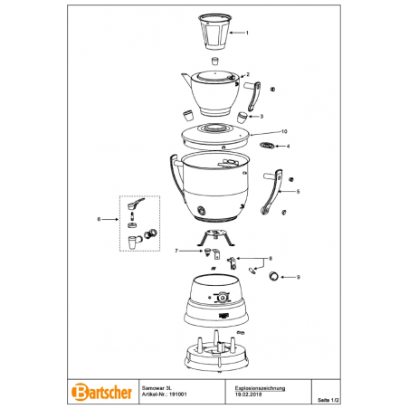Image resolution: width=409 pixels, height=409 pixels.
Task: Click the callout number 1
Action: point(247,33)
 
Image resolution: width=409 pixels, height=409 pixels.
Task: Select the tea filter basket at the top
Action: point(215,32)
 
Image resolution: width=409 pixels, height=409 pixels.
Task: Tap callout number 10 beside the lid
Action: point(284,131)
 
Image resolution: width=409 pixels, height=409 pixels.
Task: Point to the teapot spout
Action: point(186,79)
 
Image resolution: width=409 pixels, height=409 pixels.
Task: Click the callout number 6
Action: point(99,219)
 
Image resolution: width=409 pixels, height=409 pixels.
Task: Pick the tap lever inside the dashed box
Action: point(136,204)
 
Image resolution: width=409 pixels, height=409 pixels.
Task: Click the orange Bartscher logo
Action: point(102,392)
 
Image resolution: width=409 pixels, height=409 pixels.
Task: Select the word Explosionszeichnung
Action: point(260,388)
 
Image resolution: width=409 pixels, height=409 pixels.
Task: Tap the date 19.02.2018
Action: point(248,395)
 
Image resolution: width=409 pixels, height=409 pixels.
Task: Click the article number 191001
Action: point(178,395)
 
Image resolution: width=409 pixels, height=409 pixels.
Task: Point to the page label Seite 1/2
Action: point(328,400)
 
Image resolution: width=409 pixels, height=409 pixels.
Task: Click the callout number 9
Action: point(299,277)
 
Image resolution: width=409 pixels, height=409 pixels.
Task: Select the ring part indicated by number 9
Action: point(273,276)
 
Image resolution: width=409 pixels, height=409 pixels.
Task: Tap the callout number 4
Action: point(288,147)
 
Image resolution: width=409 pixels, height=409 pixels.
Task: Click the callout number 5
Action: point(298,192)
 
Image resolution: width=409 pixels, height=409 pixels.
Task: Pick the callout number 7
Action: point(176,251)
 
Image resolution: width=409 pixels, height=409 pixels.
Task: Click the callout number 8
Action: point(271,259)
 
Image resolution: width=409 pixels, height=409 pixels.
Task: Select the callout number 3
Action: point(262,117)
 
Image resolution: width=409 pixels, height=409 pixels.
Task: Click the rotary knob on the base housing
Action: point(222,298)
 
